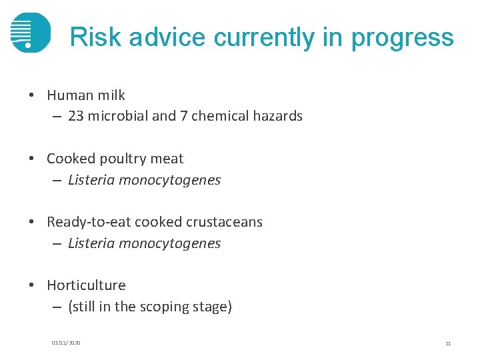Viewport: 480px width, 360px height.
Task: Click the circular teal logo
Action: (x=30, y=32)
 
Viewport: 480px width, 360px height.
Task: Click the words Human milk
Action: (x=86, y=95)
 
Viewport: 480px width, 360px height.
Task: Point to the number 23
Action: (x=75, y=116)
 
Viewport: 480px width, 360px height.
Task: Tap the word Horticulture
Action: (x=86, y=285)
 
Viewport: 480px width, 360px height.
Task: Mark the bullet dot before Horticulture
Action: (x=32, y=285)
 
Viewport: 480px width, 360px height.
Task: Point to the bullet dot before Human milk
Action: (x=32, y=95)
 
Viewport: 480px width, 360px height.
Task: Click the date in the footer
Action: (x=66, y=343)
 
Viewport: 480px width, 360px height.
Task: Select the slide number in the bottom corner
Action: (x=448, y=343)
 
